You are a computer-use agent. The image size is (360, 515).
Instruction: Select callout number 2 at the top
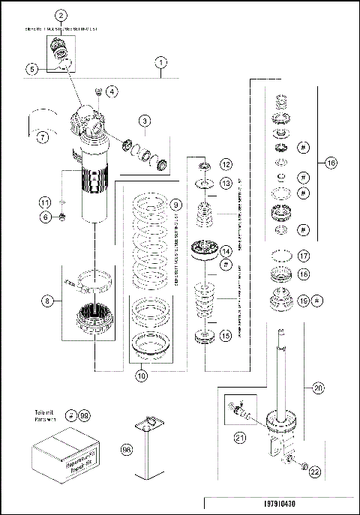point(61,15)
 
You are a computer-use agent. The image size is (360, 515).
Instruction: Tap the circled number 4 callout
point(112,91)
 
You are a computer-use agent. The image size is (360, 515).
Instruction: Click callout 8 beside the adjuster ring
point(48,301)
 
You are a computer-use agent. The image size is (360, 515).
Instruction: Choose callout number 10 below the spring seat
point(140,376)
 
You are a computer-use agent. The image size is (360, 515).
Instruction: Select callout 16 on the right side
point(331,163)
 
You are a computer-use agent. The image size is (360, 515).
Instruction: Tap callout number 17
point(304,255)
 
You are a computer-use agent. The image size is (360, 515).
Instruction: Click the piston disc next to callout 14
point(204,250)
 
